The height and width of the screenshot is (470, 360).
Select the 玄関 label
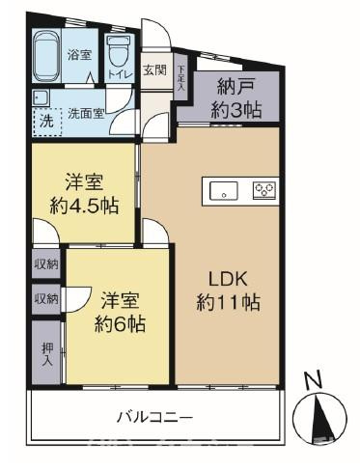click(153, 70)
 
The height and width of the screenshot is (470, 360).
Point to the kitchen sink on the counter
click(223, 190)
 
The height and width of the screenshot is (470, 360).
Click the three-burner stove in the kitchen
click(263, 190)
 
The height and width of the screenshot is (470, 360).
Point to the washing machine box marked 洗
click(44, 121)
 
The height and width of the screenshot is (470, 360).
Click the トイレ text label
click(119, 73)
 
